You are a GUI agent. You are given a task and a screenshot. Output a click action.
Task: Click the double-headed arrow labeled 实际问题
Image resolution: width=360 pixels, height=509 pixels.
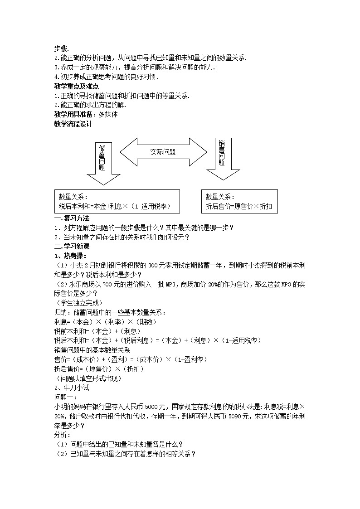(x=163, y=152)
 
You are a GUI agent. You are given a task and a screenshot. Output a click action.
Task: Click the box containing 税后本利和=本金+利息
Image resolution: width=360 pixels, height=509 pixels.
(x=117, y=201)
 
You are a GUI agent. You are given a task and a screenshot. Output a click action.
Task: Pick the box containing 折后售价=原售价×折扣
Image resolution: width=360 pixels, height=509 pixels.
(x=239, y=201)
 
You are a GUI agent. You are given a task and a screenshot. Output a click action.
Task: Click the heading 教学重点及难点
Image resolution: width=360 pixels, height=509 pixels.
(x=77, y=86)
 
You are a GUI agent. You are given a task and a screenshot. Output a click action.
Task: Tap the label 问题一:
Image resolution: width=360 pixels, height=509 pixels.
(x=65, y=398)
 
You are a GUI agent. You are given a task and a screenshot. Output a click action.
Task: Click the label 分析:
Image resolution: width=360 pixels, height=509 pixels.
(x=62, y=435)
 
